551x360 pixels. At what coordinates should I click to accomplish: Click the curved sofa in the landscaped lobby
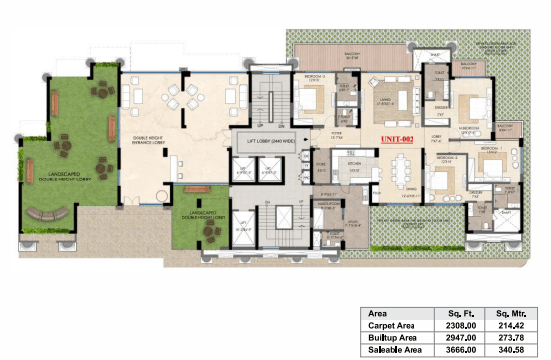tap(48, 212)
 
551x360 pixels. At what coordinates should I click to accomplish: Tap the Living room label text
tap(384, 91)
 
